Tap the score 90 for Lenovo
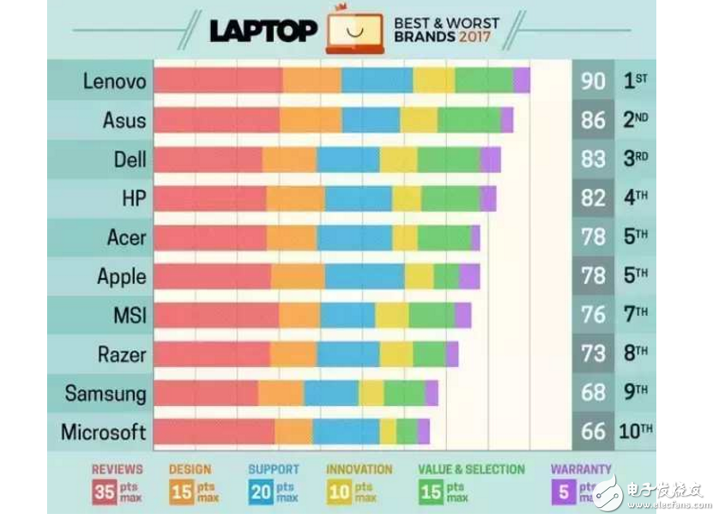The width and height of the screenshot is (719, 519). click(593, 81)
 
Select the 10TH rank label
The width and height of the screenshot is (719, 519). click(636, 431)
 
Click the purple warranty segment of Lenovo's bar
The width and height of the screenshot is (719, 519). click(522, 81)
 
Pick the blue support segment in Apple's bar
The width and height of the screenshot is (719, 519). click(365, 276)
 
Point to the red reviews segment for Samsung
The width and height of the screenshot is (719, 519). click(206, 393)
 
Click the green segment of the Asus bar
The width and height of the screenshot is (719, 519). click(469, 120)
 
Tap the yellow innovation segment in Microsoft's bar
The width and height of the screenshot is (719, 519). click(388, 431)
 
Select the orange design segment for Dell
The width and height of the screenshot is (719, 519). click(289, 160)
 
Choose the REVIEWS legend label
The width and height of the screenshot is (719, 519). click(118, 470)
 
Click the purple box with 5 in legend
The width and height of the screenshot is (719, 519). click(564, 492)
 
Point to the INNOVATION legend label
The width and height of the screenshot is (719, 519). click(359, 470)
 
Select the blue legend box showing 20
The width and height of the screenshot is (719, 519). click(261, 492)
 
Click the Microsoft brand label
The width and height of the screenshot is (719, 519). click(103, 431)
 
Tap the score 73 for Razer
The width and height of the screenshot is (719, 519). click(593, 353)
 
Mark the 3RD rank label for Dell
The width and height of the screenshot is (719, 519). click(635, 160)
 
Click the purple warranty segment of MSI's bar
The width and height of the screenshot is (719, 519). click(462, 315)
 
